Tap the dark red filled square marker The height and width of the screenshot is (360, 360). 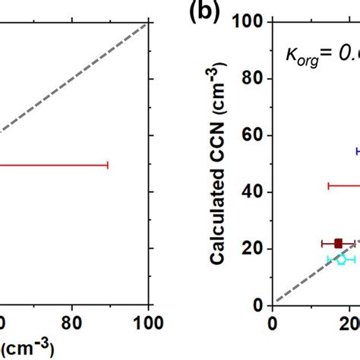point(339,243)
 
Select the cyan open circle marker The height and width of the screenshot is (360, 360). point(341,259)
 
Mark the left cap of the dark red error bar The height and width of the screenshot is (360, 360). point(321,243)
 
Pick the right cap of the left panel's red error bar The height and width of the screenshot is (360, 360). point(109,164)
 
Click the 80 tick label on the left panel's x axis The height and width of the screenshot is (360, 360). point(71,324)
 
